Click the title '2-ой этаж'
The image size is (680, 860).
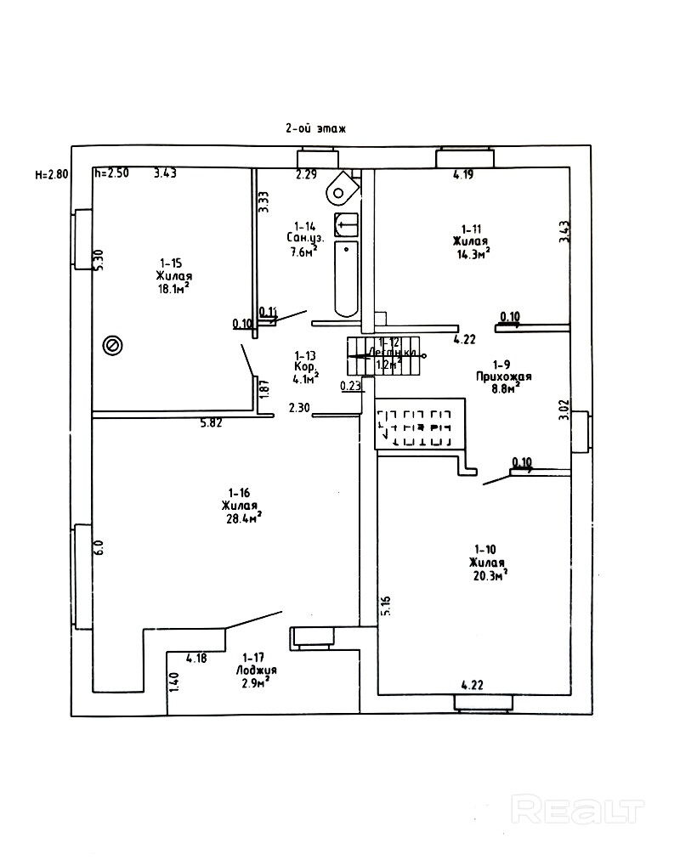(x=315, y=128)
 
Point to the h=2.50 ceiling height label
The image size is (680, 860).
(x=111, y=173)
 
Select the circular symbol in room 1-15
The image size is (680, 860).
(x=111, y=345)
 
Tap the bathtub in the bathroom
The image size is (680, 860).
(x=347, y=279)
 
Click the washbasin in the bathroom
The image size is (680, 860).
(x=347, y=224)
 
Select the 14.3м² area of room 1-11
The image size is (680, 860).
(x=473, y=253)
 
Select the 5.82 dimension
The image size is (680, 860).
(x=211, y=422)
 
